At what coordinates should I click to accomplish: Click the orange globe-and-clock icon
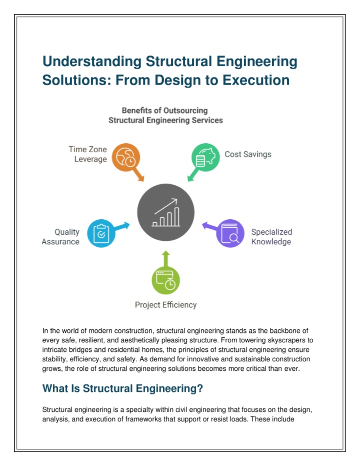pyautogui.click(x=126, y=157)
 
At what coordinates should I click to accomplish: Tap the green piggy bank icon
pyautogui.click(x=205, y=157)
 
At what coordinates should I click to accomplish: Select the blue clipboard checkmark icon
pyautogui.click(x=101, y=233)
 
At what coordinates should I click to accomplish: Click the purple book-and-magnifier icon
pyautogui.click(x=230, y=233)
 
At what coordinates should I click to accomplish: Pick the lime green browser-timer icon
pyautogui.click(x=165, y=280)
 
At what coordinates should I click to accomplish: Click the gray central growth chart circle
pyautogui.click(x=165, y=212)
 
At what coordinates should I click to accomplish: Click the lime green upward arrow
pyautogui.click(x=165, y=259)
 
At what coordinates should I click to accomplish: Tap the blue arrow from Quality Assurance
pyautogui.click(x=122, y=226)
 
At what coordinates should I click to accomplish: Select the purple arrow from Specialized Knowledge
pyautogui.click(x=210, y=226)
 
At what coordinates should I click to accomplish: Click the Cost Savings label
pyautogui.click(x=248, y=154)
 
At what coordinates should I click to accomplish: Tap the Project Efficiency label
pyautogui.click(x=165, y=305)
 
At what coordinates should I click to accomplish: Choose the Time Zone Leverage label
pyautogui.click(x=88, y=154)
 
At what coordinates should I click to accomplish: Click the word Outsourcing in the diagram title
pyautogui.click(x=185, y=111)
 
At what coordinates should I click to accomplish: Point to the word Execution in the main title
pyautogui.click(x=256, y=80)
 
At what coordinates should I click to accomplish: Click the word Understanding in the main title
pyautogui.click(x=92, y=62)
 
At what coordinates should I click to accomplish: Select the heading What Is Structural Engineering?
pyautogui.click(x=122, y=388)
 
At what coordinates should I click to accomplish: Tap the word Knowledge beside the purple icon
pyautogui.click(x=271, y=242)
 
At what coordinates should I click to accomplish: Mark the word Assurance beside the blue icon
pyautogui.click(x=60, y=242)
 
